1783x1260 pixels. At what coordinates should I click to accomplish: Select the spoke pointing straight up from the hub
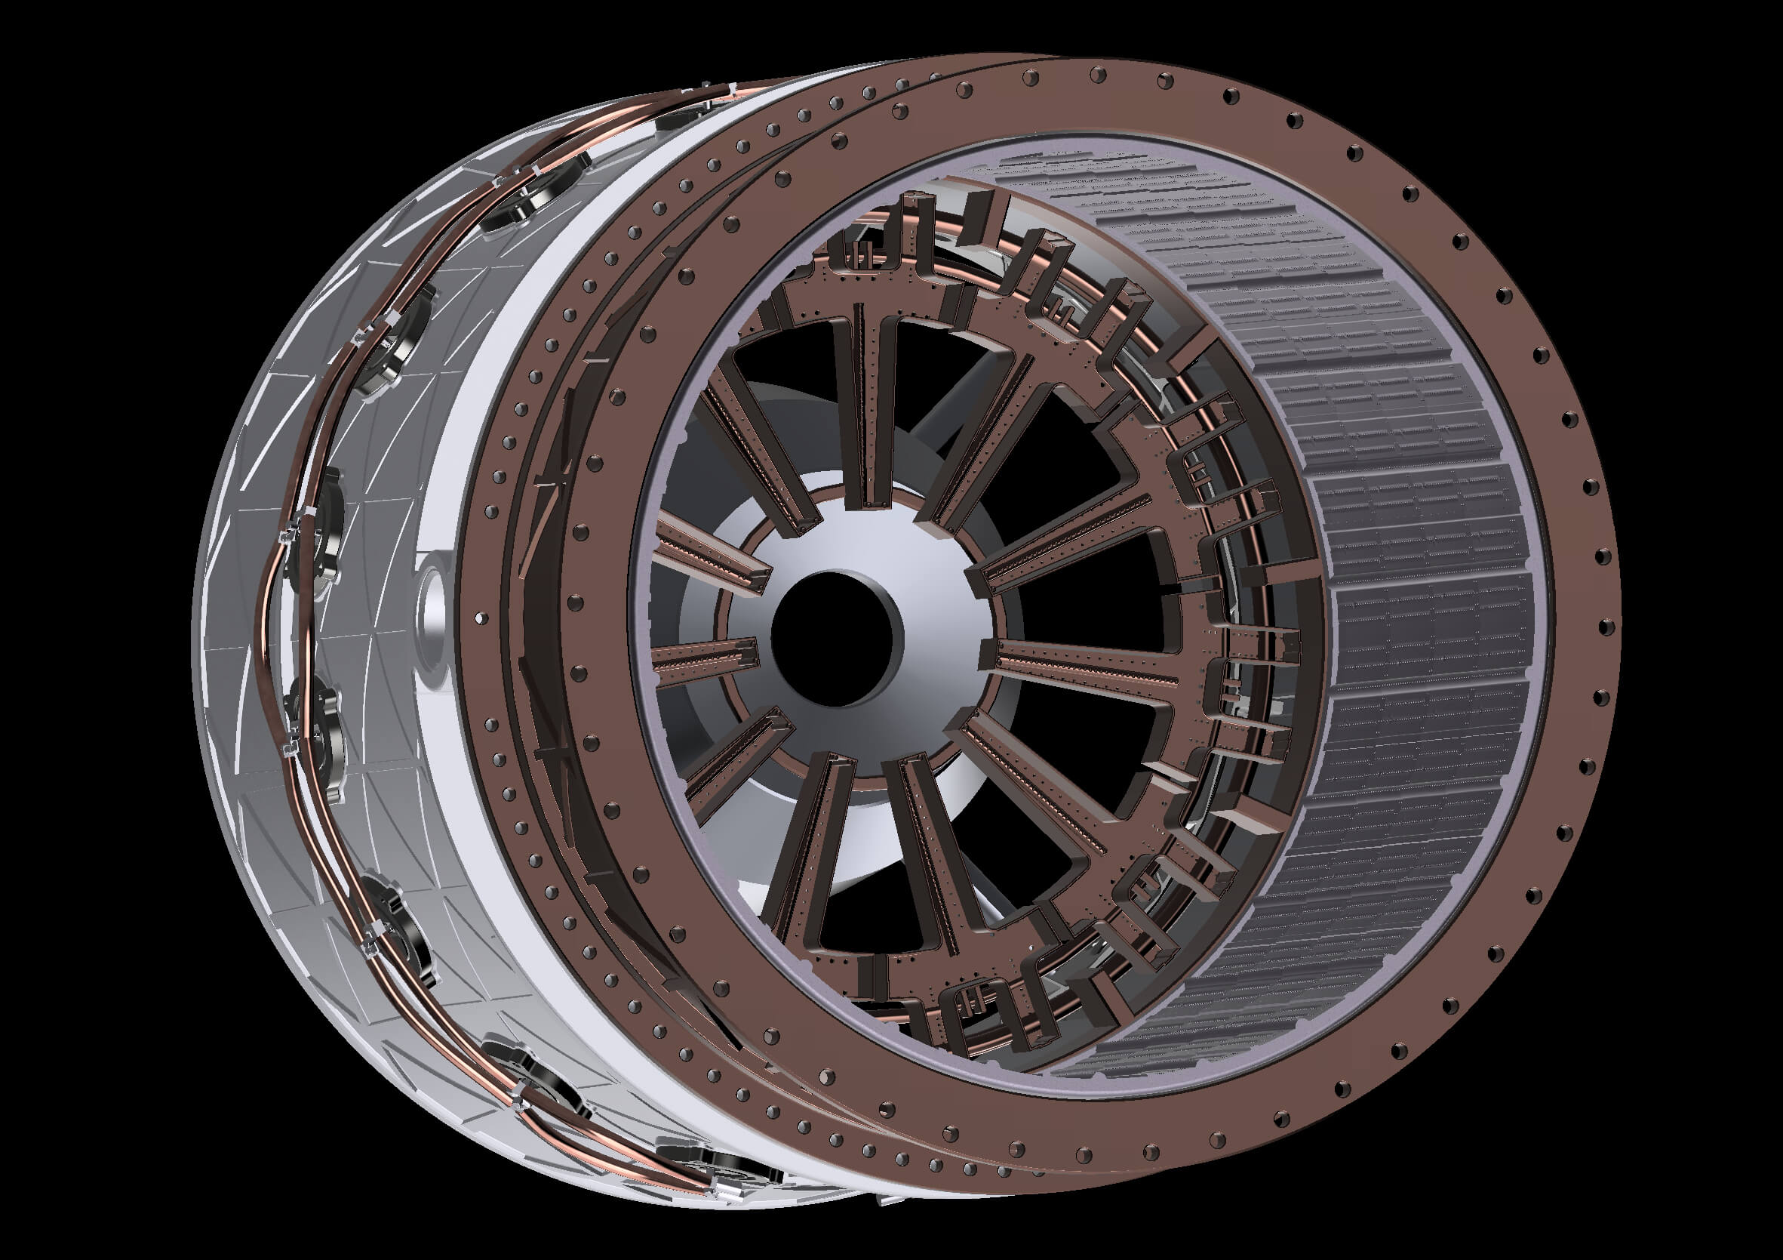(x=868, y=404)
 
